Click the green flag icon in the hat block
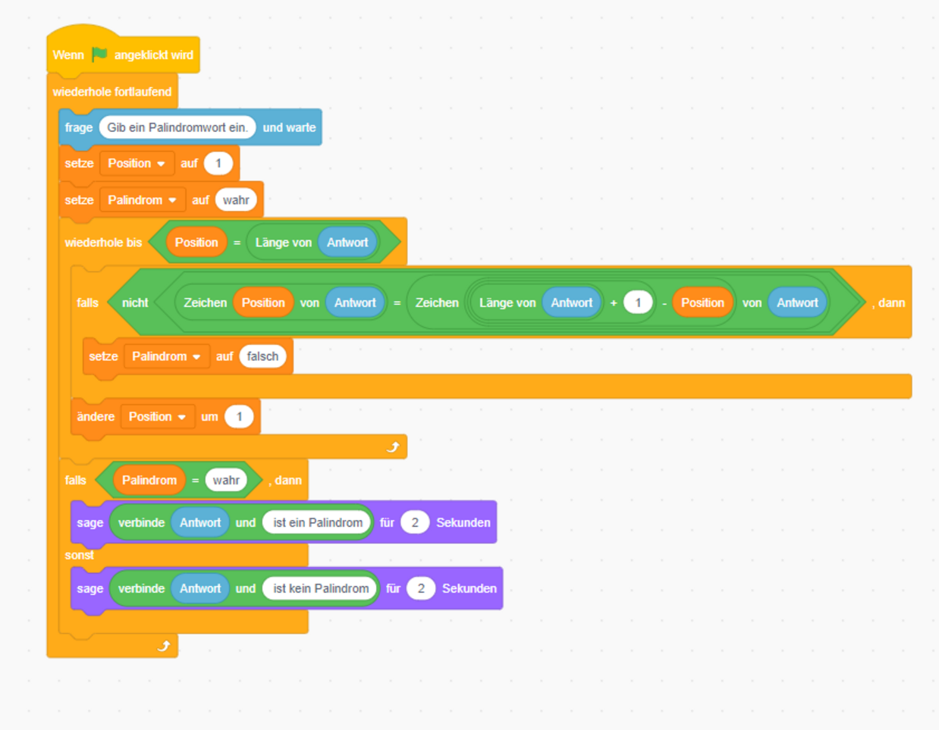coord(99,55)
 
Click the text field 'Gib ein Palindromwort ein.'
coord(177,127)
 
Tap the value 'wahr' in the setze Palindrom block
coord(236,200)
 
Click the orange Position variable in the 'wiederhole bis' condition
coord(196,242)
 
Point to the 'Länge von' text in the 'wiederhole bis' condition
coord(284,243)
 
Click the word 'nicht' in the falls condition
coord(135,302)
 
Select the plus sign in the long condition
coord(613,303)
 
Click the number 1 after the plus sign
coord(638,302)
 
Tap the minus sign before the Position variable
coord(664,303)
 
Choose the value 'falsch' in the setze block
coord(262,356)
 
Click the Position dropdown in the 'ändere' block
coord(158,417)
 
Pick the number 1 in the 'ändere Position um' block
coord(239,417)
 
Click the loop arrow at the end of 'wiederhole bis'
coord(393,446)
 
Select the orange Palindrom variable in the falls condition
coord(149,480)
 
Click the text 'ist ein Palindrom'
coord(318,522)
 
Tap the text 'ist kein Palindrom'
coord(321,588)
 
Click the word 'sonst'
coord(79,555)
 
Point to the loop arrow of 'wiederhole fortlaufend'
coord(163,646)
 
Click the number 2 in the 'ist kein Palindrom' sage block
coord(421,588)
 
